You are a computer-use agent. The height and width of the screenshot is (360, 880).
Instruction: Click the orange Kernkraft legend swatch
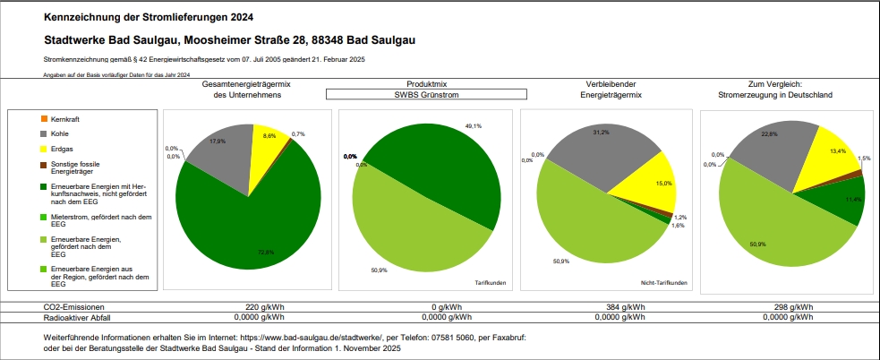tap(44, 119)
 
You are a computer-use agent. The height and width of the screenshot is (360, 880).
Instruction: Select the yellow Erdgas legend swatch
tap(44, 148)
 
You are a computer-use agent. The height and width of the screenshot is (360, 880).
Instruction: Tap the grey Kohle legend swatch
tap(44, 133)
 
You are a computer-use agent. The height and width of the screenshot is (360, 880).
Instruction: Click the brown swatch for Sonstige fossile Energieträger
tap(44, 165)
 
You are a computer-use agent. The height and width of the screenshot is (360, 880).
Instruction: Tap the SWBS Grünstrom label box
tap(425, 93)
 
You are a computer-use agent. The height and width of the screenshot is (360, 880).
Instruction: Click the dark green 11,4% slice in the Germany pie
tap(846, 201)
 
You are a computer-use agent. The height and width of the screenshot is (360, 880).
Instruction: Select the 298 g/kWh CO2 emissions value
tap(793, 306)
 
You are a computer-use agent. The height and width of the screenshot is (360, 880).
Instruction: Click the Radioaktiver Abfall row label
tap(79, 316)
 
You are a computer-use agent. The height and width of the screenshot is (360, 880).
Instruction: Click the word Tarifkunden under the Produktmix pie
tap(488, 283)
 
